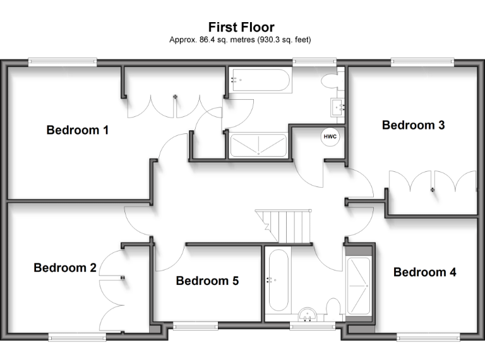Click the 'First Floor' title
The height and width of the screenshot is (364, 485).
[241, 27]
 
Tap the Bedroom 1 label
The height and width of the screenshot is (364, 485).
[78, 130]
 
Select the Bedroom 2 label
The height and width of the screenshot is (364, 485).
[65, 267]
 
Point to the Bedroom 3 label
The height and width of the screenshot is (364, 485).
[413, 125]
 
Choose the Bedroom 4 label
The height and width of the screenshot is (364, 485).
[424, 272]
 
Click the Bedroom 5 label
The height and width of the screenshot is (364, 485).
[207, 281]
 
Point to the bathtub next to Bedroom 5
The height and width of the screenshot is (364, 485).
[278, 280]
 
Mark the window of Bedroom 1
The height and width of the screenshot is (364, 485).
[63, 62]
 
